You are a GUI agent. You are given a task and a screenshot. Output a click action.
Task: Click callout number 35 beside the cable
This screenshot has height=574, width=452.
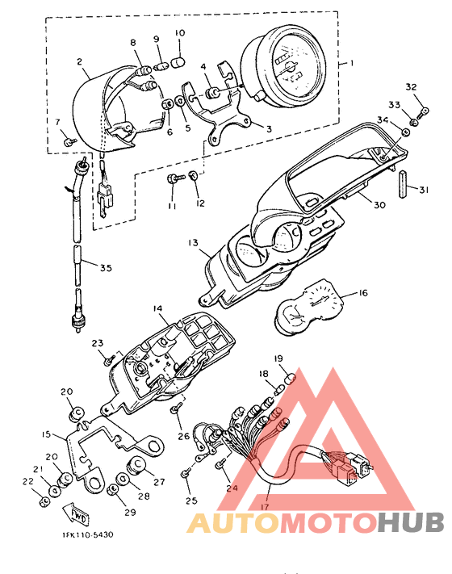click(x=106, y=268)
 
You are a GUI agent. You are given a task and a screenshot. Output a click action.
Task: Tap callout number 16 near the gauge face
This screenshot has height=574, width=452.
click(x=362, y=293)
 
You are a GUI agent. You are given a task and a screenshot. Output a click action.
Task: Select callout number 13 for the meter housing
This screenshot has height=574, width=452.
click(x=193, y=243)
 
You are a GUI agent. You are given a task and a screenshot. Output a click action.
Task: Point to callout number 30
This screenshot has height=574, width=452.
click(x=379, y=205)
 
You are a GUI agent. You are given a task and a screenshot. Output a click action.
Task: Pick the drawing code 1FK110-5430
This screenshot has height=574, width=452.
click(x=87, y=534)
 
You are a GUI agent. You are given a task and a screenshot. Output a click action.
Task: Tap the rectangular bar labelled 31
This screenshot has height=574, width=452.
click(x=403, y=185)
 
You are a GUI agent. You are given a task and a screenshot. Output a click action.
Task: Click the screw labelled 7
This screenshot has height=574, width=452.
click(x=69, y=141)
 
